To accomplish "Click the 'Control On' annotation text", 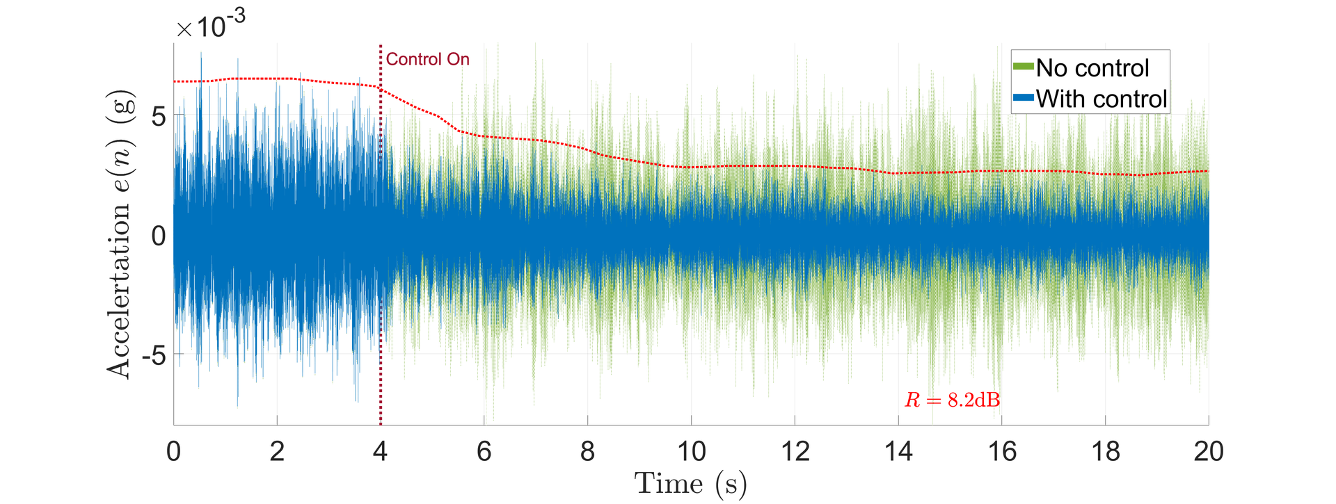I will [x=427, y=60].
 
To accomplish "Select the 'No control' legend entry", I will [x=1092, y=68].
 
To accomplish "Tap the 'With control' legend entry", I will [x=1101, y=99].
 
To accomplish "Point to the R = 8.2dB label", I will [x=952, y=400].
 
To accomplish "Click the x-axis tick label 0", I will [x=174, y=452].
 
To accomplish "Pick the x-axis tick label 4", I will [x=380, y=452].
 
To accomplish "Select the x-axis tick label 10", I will [x=691, y=452].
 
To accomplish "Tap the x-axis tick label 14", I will [x=898, y=452].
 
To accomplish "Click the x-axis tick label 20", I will [x=1209, y=452].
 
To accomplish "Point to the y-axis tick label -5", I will [x=154, y=356].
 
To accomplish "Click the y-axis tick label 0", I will [x=159, y=236].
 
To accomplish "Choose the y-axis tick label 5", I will [x=159, y=116].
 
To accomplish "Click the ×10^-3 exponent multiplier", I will [x=211, y=26].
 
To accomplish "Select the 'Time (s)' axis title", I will [x=690, y=483].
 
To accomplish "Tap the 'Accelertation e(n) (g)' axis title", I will [x=120, y=234].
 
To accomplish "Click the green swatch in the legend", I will [x=1023, y=67].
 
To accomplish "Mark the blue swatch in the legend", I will [x=1023, y=98].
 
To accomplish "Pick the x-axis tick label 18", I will [x=1105, y=452].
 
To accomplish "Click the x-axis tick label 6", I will [x=484, y=452].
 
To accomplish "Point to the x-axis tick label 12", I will [x=795, y=452].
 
